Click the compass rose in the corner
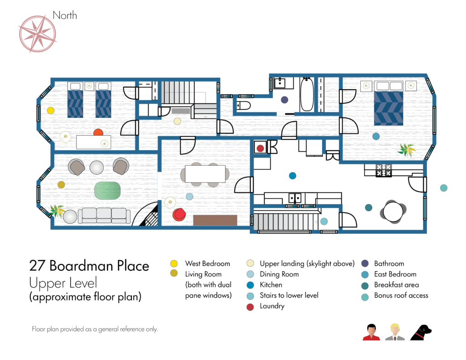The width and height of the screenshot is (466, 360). pos(38,34)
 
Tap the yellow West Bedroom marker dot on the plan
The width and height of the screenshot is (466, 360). pos(51,111)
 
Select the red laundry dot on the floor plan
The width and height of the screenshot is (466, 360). pos(260,148)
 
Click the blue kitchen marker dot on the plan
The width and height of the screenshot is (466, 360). pos(293,176)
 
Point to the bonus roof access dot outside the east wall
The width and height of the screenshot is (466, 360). pos(444,188)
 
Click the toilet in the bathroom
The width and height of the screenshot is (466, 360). pos(244,105)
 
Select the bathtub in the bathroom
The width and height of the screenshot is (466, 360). pos(307,94)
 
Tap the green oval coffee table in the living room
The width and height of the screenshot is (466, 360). pos(107,191)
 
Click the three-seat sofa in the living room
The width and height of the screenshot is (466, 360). pos(104,216)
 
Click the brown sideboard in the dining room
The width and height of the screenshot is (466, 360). pos(215,220)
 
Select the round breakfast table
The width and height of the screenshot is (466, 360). pos(393,212)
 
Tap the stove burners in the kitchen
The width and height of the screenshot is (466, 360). pos(384,170)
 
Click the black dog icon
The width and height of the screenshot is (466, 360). pos(421,333)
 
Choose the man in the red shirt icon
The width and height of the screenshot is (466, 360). pos(371,332)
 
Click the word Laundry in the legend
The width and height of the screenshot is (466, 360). pos(272,306)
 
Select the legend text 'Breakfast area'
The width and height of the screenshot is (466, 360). pos(396,285)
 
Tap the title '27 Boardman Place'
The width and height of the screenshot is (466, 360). pos(89,265)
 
